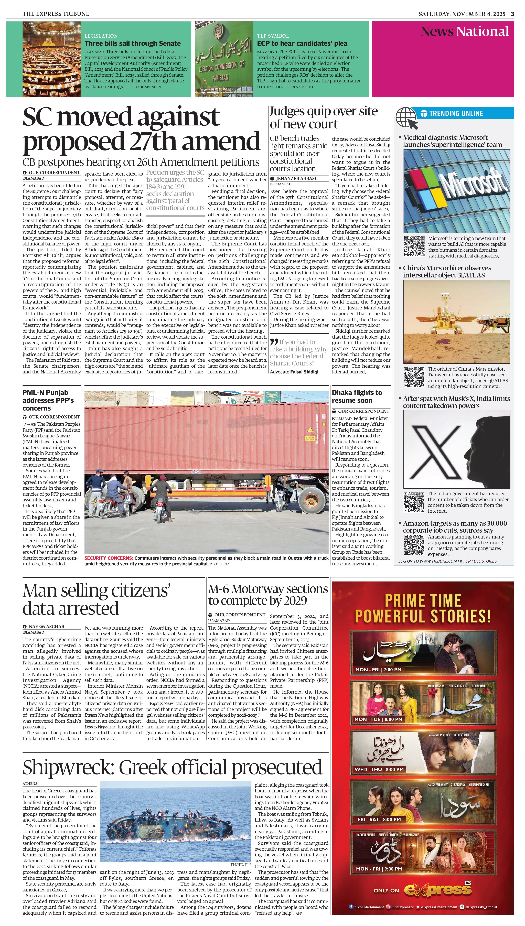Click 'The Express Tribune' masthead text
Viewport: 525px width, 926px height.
point(56,14)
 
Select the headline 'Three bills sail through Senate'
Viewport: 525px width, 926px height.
point(132,43)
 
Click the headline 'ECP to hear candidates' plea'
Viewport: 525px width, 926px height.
point(302,43)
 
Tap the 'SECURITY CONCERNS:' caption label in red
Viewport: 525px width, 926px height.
point(109,558)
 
